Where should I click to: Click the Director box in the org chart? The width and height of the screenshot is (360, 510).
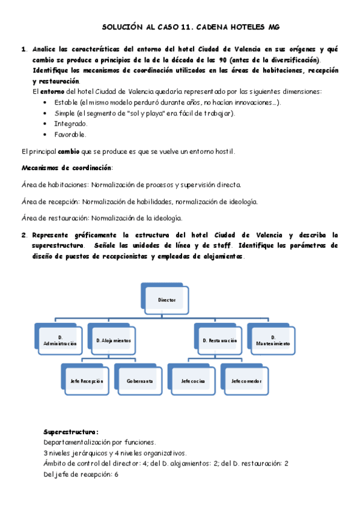167,299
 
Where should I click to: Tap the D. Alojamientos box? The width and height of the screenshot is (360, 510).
114,340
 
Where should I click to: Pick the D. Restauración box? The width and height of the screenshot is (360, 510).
219,340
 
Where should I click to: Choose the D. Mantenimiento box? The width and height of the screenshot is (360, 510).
273,340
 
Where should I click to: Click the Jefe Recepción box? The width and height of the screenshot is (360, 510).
87,381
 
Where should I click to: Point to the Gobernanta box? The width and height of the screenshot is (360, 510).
140,381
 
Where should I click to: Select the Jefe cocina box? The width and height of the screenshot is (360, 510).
193,381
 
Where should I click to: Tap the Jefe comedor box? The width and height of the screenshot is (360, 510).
246,381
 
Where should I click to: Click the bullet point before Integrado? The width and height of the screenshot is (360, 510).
46,124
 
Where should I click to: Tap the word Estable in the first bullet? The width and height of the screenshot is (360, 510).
66,102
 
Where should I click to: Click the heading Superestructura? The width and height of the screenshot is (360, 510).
71,432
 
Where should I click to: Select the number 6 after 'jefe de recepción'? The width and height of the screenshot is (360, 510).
116,474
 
